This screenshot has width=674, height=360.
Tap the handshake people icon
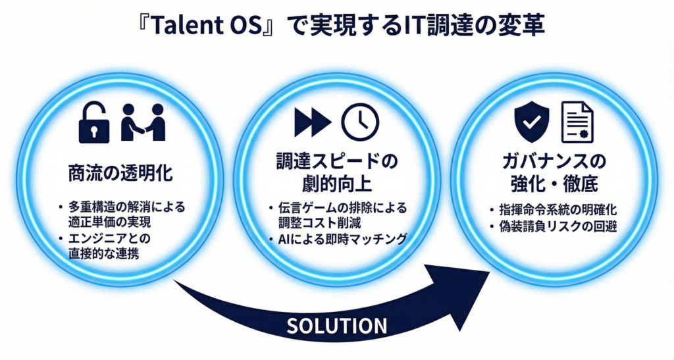[x=143, y=122]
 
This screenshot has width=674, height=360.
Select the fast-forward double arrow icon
[x=313, y=122]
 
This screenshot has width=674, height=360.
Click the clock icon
[x=360, y=122]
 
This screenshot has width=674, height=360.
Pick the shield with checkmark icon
[x=532, y=122]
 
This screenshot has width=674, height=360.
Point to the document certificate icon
[x=577, y=122]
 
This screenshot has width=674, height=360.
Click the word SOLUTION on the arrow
[x=336, y=326]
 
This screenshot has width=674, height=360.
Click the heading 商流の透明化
[x=120, y=174]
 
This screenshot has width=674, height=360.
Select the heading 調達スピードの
[x=337, y=161]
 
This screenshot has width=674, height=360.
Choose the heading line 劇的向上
[x=337, y=184]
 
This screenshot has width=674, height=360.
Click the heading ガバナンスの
[x=554, y=161]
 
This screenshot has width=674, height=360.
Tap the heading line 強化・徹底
[x=554, y=184]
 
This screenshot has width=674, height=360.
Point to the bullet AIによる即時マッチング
[x=338, y=239]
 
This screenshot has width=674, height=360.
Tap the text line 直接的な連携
[x=103, y=253]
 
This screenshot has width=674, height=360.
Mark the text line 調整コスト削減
[x=319, y=223]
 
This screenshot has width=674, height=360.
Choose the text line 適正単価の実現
[x=110, y=222]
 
